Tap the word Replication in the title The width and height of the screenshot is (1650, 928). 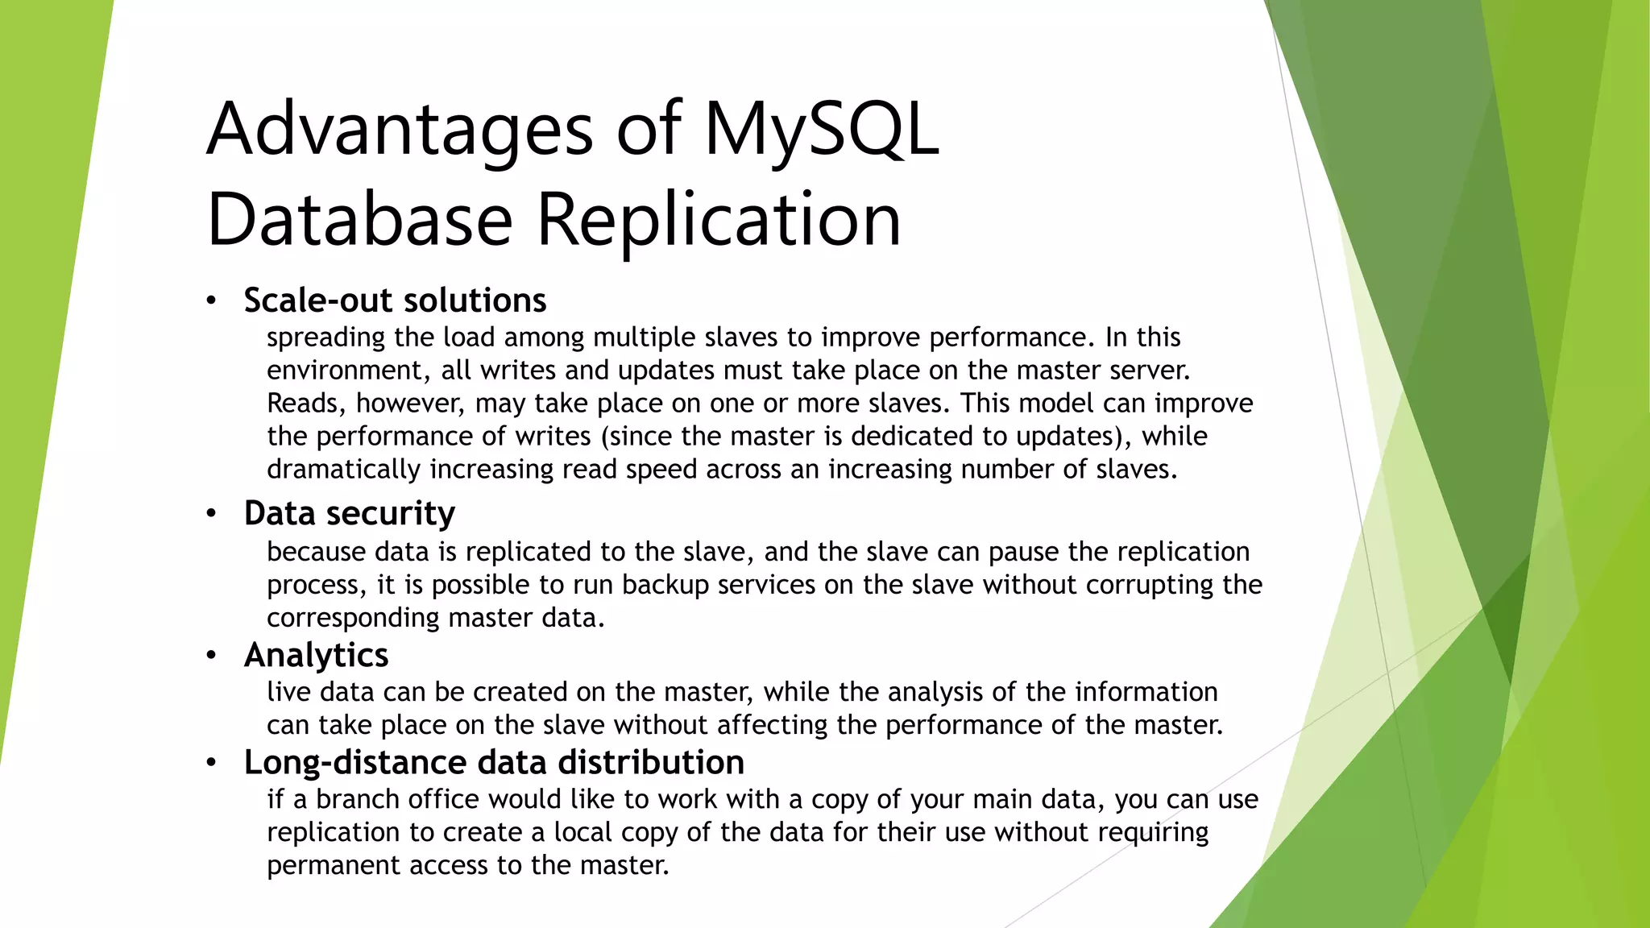[719, 220]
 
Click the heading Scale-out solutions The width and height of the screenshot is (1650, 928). [395, 300]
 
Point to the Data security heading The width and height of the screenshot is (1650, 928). [349, 514]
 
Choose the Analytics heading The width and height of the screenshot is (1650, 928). [316, 655]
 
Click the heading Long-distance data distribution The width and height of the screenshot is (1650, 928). [494, 762]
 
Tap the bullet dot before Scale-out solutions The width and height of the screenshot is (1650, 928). [211, 301]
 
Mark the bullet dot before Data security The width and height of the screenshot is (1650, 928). [211, 514]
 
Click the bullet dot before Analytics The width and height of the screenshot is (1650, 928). [211, 655]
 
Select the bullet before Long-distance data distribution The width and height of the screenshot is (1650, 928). [211, 762]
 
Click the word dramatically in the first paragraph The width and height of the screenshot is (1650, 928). [343, 470]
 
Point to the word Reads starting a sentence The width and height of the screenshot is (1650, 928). [305, 404]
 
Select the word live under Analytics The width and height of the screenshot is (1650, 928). [288, 692]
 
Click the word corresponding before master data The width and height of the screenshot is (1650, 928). [353, 619]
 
